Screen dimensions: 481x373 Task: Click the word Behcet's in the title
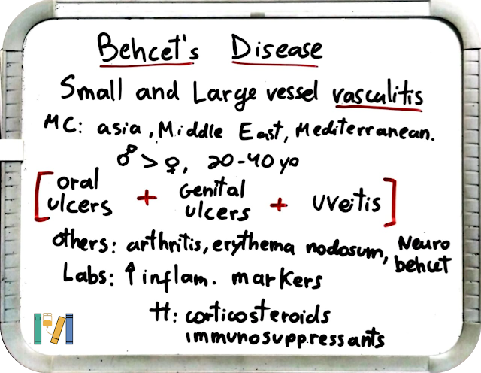[x=149, y=49]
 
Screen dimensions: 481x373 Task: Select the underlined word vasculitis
[x=377, y=94]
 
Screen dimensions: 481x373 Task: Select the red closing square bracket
[x=389, y=202]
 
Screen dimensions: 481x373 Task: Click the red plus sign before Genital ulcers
[x=147, y=197]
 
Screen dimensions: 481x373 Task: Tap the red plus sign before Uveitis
[x=279, y=204]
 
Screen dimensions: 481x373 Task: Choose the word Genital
[x=212, y=189]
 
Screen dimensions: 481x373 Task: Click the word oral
[x=77, y=180]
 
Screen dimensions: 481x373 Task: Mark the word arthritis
[x=164, y=244]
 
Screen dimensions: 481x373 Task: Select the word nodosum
[x=343, y=249]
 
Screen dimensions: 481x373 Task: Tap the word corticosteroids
[x=258, y=314]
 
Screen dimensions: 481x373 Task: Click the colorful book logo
[x=53, y=329]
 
